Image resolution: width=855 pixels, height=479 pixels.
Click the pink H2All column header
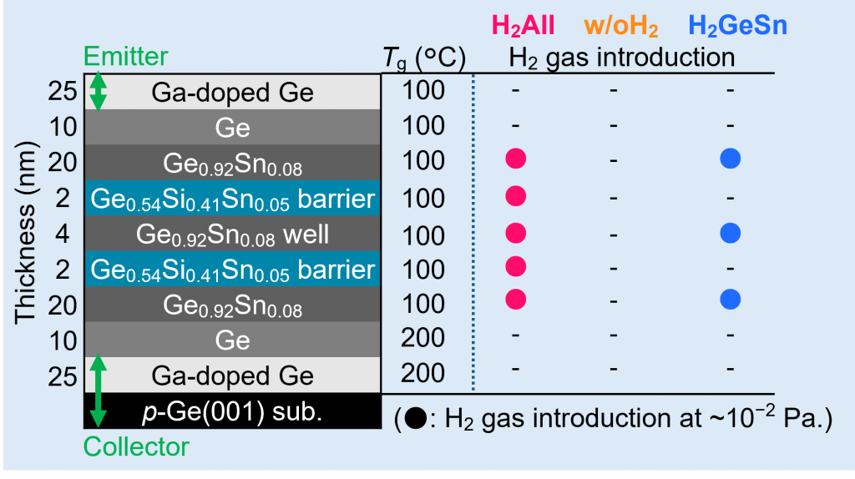(x=523, y=26)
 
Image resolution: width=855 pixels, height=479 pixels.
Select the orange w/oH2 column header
(x=615, y=26)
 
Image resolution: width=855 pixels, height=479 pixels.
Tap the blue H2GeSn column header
(x=733, y=26)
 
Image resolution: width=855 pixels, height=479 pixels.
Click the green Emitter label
(x=126, y=57)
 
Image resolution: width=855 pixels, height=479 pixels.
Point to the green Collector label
(x=138, y=446)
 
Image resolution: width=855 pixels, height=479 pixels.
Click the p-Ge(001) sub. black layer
(x=232, y=411)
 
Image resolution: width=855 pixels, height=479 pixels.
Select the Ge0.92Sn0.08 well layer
(x=232, y=234)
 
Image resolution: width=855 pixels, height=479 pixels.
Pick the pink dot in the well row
(x=516, y=233)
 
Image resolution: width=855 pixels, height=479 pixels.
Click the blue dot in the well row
(x=731, y=233)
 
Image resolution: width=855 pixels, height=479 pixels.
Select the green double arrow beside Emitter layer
(x=98, y=91)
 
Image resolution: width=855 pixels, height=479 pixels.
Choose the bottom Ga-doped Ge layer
(x=232, y=376)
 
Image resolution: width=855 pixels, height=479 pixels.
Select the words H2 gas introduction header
(x=622, y=58)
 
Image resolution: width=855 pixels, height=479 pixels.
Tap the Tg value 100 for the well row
(x=423, y=234)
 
